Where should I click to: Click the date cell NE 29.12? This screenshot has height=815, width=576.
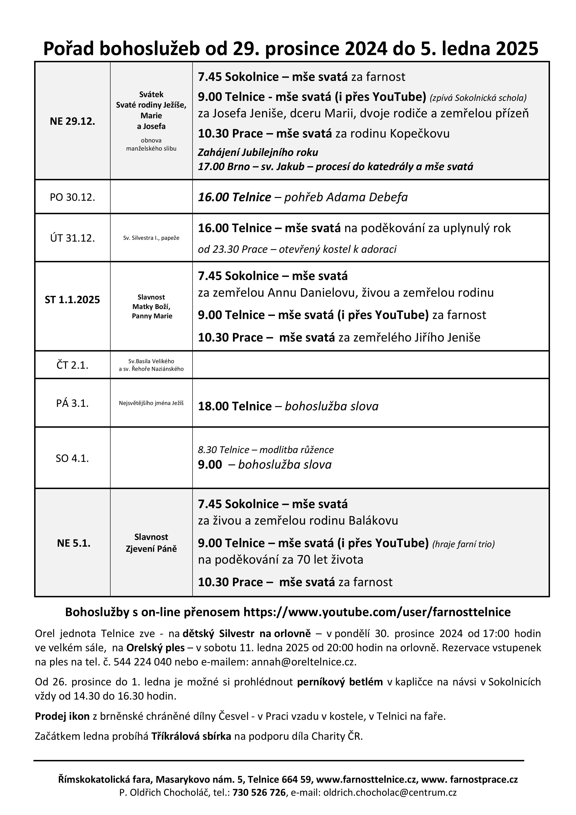pos(72,122)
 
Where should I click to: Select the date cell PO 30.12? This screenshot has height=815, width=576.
pos(72,197)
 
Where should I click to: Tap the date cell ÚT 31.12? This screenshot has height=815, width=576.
pos(72,238)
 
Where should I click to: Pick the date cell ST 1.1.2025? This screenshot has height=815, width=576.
pos(72,300)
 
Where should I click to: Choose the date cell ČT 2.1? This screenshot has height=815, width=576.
pos(72,365)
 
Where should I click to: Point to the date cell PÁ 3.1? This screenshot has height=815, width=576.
pos(72,403)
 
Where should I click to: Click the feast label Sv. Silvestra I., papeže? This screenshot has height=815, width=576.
pos(151,238)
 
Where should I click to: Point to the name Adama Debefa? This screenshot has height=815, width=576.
pos(367,197)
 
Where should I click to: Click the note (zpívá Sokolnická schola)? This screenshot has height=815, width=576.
pos(478,98)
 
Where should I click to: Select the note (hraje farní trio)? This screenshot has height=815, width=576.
pos(463,544)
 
